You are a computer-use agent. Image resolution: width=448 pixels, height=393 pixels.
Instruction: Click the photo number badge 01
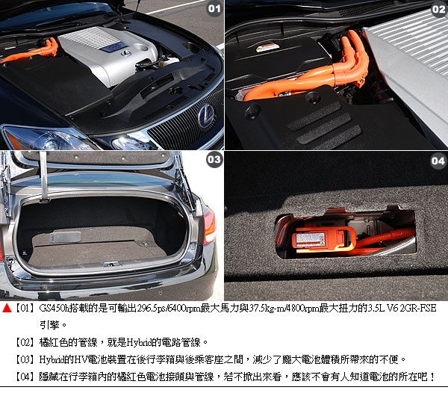click(x=214, y=8)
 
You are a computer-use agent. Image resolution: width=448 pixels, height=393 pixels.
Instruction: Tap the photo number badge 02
click(x=438, y=9)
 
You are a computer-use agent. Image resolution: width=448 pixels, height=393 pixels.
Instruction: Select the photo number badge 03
click(x=214, y=160)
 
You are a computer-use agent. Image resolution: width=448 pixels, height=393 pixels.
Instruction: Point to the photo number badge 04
click(x=438, y=161)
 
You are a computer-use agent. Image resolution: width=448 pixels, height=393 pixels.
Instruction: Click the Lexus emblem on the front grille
click(x=206, y=116)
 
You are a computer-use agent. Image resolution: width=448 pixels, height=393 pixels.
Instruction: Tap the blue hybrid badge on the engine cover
click(x=113, y=47)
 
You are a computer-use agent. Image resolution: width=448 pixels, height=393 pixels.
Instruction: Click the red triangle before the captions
click(x=7, y=308)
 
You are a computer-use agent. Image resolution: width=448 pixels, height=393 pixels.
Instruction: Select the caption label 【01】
click(x=25, y=308)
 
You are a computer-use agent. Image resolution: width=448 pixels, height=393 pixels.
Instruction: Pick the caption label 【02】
click(x=25, y=342)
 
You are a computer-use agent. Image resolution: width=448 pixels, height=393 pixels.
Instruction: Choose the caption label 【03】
click(x=25, y=359)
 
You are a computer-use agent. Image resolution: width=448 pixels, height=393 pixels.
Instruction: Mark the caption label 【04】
click(x=25, y=377)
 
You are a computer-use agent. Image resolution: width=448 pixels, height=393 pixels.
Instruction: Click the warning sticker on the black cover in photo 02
click(x=267, y=48)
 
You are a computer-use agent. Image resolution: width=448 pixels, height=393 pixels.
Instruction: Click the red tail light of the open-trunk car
click(x=209, y=226)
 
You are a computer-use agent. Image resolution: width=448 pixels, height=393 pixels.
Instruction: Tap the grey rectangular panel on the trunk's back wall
click(x=66, y=238)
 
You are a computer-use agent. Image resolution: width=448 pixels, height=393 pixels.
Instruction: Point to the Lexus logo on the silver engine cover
click(x=125, y=54)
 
